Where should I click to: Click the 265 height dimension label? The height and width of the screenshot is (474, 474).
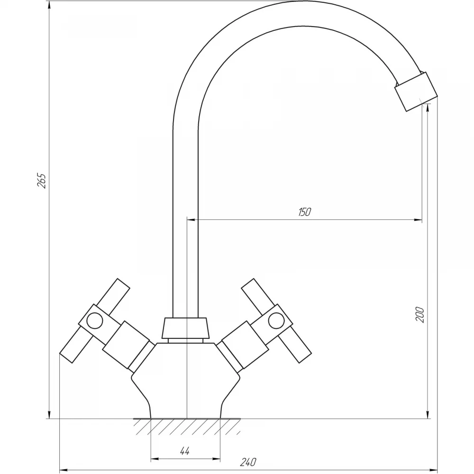[41, 181]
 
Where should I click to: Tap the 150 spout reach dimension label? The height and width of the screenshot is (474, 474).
[304, 212]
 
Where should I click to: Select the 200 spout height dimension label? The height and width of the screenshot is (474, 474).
[420, 315]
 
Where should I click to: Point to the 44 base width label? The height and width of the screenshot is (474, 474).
[185, 451]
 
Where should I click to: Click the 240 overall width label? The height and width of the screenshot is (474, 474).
[248, 462]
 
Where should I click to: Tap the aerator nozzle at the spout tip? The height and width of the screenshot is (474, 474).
[416, 91]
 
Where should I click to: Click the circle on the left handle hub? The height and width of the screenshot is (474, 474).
[94, 321]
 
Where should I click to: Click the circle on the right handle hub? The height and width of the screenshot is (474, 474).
[276, 321]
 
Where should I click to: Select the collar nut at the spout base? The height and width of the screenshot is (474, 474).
[185, 328]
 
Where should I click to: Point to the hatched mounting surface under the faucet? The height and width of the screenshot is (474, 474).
[187, 426]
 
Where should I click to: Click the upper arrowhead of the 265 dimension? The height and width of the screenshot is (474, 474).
[49, 4]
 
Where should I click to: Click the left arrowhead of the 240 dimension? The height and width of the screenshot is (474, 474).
[64, 470]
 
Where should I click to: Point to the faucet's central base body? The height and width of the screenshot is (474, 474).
[185, 381]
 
